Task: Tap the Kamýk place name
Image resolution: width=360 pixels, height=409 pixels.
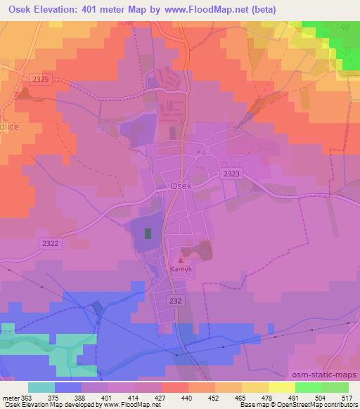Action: click(181, 268)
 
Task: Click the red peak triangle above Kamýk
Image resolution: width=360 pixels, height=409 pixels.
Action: click(181, 259)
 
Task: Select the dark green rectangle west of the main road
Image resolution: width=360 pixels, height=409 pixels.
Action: click(148, 233)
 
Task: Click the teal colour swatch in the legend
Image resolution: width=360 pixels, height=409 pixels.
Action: click(41, 387)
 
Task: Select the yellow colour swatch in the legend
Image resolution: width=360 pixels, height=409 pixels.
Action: click(281, 387)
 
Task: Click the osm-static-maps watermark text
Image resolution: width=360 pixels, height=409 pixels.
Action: click(323, 376)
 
